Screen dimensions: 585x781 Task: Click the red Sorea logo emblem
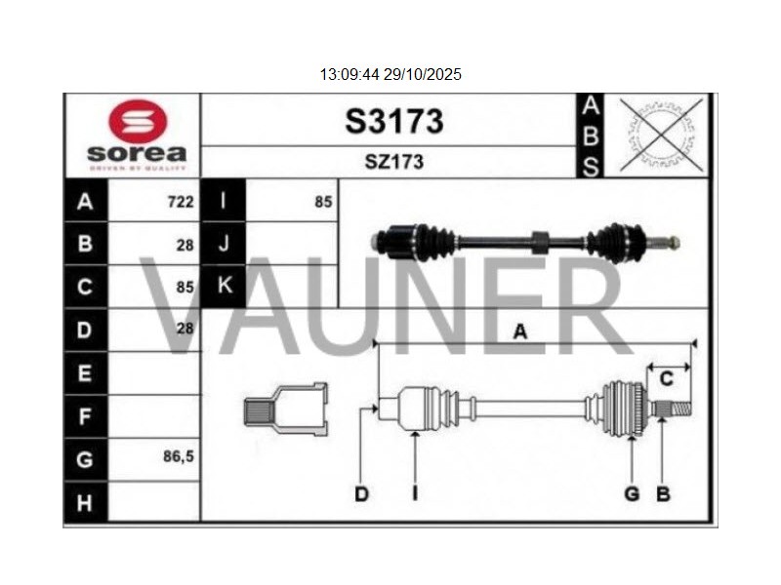tap(137, 122)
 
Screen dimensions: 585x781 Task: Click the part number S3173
tap(393, 122)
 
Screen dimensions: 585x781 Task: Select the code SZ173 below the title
tap(393, 162)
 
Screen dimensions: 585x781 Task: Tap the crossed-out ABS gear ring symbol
tap(661, 136)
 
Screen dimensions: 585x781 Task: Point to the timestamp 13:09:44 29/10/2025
tap(390, 74)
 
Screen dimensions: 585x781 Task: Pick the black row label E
tap(84, 373)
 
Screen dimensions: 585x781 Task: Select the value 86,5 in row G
tap(179, 454)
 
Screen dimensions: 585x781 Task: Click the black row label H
tap(84, 502)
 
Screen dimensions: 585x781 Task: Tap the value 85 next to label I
tap(323, 203)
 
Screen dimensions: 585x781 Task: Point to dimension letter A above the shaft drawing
tap(520, 332)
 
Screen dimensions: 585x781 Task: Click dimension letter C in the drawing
tap(668, 378)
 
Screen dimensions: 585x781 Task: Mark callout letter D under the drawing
tap(361, 495)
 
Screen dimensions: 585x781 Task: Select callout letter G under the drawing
tap(632, 495)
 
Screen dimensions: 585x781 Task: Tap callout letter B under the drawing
tap(663, 495)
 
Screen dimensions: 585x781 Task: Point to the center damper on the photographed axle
tap(540, 241)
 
